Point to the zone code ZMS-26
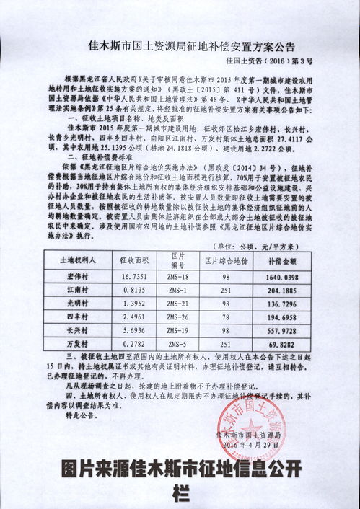click(x=173, y=317)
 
